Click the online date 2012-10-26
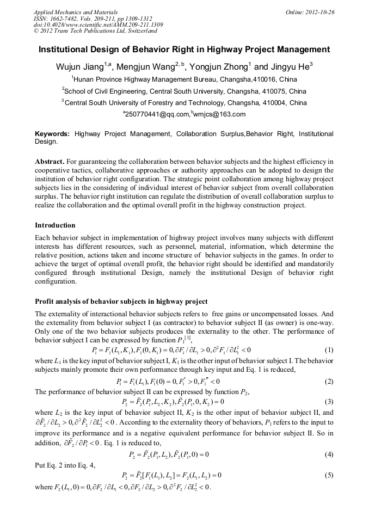click(317, 11)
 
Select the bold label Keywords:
click(52, 133)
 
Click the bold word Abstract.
click(49, 162)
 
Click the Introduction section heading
click(55, 225)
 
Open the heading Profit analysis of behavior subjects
click(121, 301)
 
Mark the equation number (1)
click(328, 349)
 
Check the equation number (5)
click(328, 475)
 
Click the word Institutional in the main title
click(66, 50)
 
